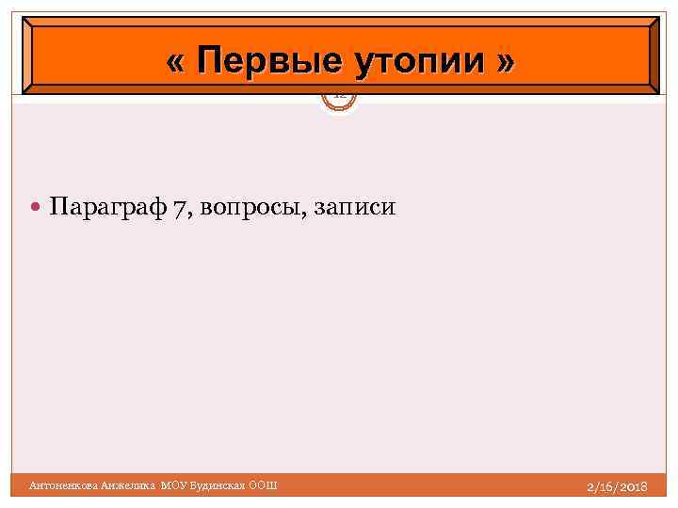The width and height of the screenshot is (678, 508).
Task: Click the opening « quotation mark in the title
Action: tap(174, 63)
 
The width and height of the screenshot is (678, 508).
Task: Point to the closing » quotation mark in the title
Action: tap(506, 63)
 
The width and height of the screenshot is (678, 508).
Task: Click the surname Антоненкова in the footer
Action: tap(63, 485)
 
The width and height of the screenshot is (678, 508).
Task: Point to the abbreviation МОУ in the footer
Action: tap(175, 485)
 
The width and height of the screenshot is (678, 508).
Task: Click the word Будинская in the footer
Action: tap(218, 485)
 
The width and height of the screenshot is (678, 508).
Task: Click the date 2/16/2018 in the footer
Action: tap(616, 486)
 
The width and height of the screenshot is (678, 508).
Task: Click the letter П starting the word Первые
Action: tap(210, 62)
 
